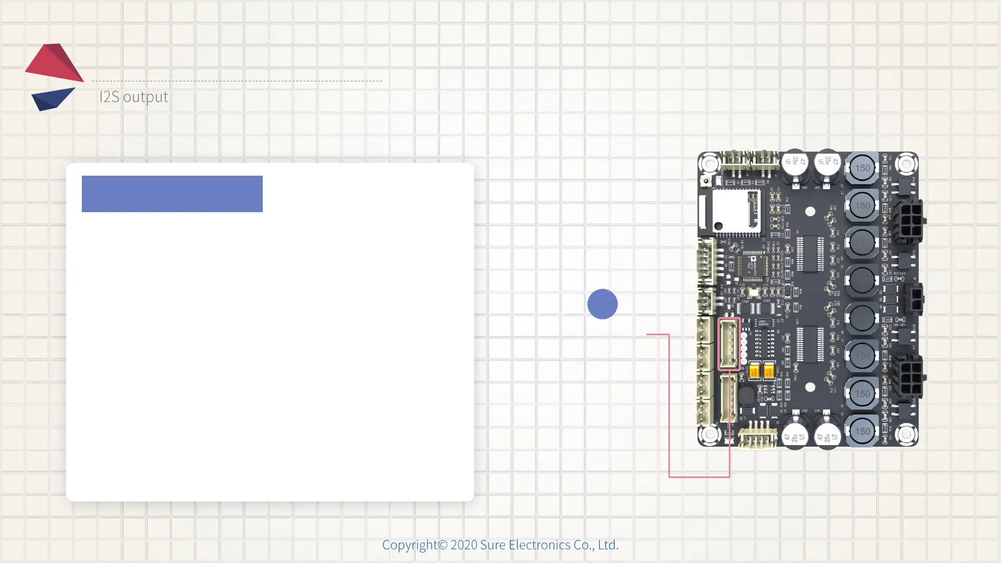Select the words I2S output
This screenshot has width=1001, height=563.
133,97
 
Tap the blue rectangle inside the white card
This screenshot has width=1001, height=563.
172,194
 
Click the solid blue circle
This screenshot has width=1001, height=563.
602,304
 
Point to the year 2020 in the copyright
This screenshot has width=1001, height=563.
463,545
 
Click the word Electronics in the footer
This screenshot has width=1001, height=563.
539,545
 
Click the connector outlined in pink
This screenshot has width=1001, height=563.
729,344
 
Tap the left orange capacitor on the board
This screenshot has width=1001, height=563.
754,370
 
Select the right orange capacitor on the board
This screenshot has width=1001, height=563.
768,370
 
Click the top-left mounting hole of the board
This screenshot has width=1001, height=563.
709,164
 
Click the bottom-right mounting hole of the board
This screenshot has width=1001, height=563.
906,434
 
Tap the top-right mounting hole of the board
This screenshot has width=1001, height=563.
907,164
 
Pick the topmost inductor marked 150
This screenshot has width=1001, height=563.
862,168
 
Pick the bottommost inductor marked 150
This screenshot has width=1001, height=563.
862,431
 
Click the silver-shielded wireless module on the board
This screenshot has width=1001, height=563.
735,211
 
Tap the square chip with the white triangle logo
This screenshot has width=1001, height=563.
753,265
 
